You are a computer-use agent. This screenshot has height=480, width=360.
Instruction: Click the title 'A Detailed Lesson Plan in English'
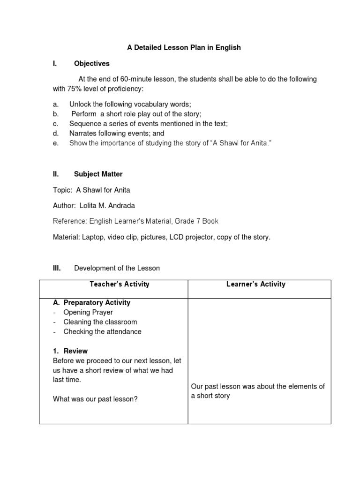click(184, 48)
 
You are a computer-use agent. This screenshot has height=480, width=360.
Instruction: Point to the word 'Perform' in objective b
click(84, 114)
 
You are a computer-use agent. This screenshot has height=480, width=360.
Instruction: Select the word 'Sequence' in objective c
click(83, 124)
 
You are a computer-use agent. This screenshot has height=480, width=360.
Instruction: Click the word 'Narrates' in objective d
click(82, 134)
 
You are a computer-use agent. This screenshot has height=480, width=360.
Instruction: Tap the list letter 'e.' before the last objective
click(56, 143)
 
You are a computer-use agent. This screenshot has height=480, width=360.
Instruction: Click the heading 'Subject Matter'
click(98, 174)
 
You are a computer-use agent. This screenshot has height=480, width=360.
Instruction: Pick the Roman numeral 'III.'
click(57, 268)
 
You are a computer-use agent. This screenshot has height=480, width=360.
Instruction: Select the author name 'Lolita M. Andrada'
click(111, 205)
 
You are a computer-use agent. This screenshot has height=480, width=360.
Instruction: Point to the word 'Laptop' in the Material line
click(92, 237)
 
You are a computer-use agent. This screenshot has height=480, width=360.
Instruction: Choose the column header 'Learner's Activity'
click(259, 285)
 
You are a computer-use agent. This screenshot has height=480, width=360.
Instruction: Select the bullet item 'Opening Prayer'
click(88, 312)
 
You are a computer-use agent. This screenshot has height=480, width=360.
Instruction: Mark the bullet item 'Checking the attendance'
click(102, 332)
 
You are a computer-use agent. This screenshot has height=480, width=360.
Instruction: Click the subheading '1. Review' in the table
click(70, 351)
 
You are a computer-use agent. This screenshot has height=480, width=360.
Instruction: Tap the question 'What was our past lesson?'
click(95, 399)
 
